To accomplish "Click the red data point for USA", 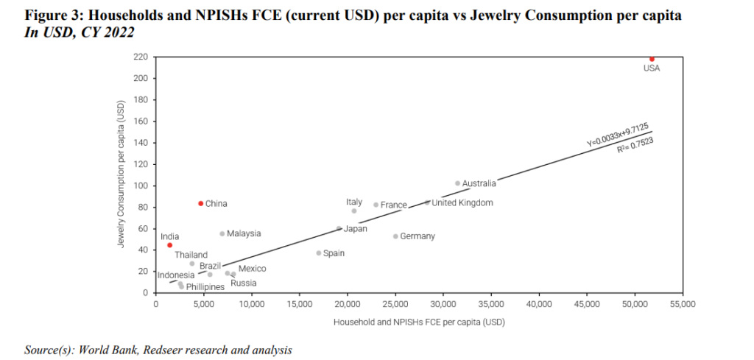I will [652, 58].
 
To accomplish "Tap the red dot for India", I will [170, 245].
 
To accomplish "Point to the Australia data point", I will [457, 183].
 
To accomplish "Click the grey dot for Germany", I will [395, 236].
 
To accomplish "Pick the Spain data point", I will [319, 253].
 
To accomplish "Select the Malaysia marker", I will [222, 233].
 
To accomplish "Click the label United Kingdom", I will [462, 203].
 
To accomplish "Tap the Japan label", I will [356, 229].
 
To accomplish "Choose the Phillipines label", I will [205, 287].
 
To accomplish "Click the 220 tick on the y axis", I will [140, 57].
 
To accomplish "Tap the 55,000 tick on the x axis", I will [683, 303].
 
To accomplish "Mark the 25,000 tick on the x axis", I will [395, 303].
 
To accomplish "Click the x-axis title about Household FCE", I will [419, 322].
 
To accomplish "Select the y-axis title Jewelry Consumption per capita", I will [120, 174].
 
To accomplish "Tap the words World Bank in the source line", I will [98, 350].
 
